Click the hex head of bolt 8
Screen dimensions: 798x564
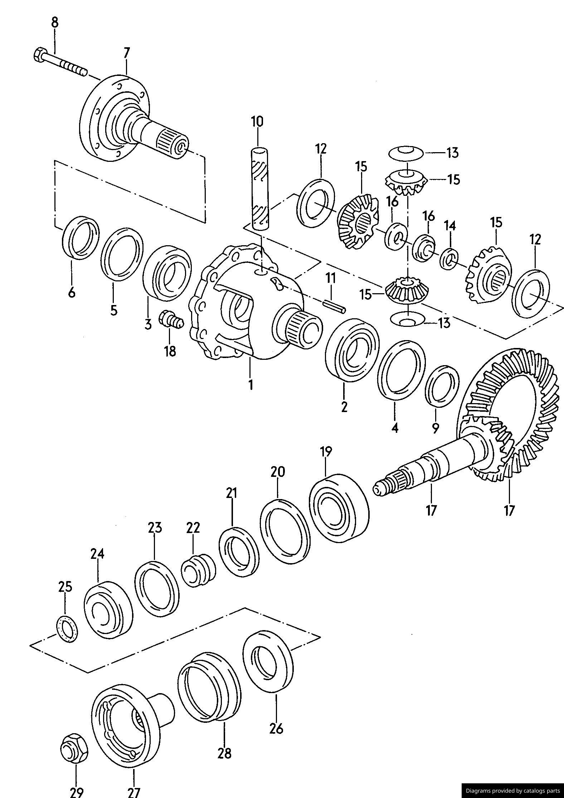click(x=38, y=55)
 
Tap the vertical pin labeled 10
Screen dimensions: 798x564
click(x=259, y=188)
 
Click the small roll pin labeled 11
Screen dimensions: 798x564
click(x=334, y=305)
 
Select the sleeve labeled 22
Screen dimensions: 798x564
click(x=198, y=570)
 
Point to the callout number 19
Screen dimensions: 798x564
click(x=326, y=452)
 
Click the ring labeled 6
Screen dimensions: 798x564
click(x=81, y=237)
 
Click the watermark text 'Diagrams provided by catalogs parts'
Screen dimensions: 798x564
click(x=512, y=790)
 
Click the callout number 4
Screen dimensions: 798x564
click(x=394, y=427)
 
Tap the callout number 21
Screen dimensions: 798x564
click(x=232, y=494)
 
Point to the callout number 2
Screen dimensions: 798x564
click(x=344, y=407)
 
